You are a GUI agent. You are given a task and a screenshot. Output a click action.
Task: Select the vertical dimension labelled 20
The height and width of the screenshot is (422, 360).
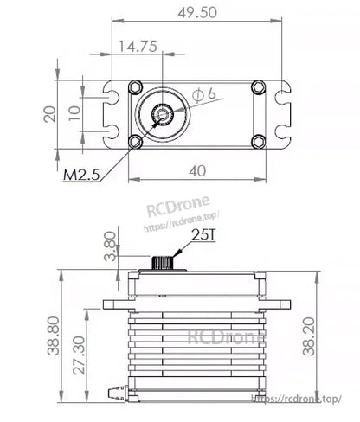click(x=51, y=113)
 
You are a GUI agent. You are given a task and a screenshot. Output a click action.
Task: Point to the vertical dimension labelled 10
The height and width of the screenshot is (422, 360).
click(x=75, y=113)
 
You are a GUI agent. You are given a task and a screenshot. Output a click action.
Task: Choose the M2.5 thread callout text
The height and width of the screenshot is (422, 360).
click(x=85, y=176)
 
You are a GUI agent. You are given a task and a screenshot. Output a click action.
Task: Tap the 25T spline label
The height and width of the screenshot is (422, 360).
click(x=204, y=233)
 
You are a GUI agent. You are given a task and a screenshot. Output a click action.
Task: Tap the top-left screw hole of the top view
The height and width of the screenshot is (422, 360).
click(x=135, y=87)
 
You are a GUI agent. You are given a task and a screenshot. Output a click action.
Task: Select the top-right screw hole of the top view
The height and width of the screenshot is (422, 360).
click(x=255, y=87)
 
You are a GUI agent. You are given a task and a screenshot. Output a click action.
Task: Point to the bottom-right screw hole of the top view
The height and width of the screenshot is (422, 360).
click(x=255, y=142)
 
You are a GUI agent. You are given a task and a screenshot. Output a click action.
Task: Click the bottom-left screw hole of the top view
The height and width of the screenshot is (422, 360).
click(x=135, y=142)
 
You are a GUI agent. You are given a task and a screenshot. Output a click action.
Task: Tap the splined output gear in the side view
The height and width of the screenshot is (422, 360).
click(x=161, y=263)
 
